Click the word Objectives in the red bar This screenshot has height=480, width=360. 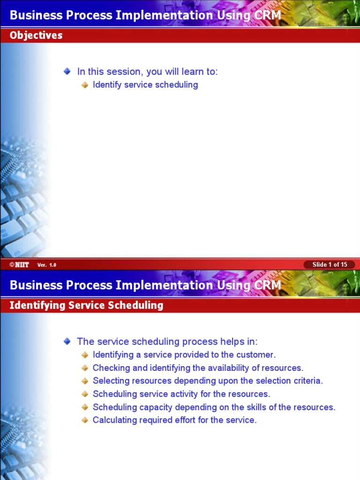[x=36, y=35]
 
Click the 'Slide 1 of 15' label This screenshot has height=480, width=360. [x=330, y=264]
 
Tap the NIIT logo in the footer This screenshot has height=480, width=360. [x=19, y=265]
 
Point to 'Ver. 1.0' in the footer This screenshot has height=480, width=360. [x=47, y=265]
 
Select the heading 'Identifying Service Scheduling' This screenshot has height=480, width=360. [x=86, y=305]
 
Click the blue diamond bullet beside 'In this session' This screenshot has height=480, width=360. [x=67, y=71]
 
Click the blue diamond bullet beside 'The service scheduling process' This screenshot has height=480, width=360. [x=67, y=341]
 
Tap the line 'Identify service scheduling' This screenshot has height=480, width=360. [x=145, y=85]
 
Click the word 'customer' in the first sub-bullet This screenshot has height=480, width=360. [x=256, y=355]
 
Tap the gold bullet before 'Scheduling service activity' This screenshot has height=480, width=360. [x=85, y=394]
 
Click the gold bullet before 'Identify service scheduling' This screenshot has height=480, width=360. [x=85, y=85]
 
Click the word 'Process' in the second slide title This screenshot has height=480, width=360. [x=91, y=285]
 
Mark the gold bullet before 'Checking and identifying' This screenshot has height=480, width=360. [x=85, y=368]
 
